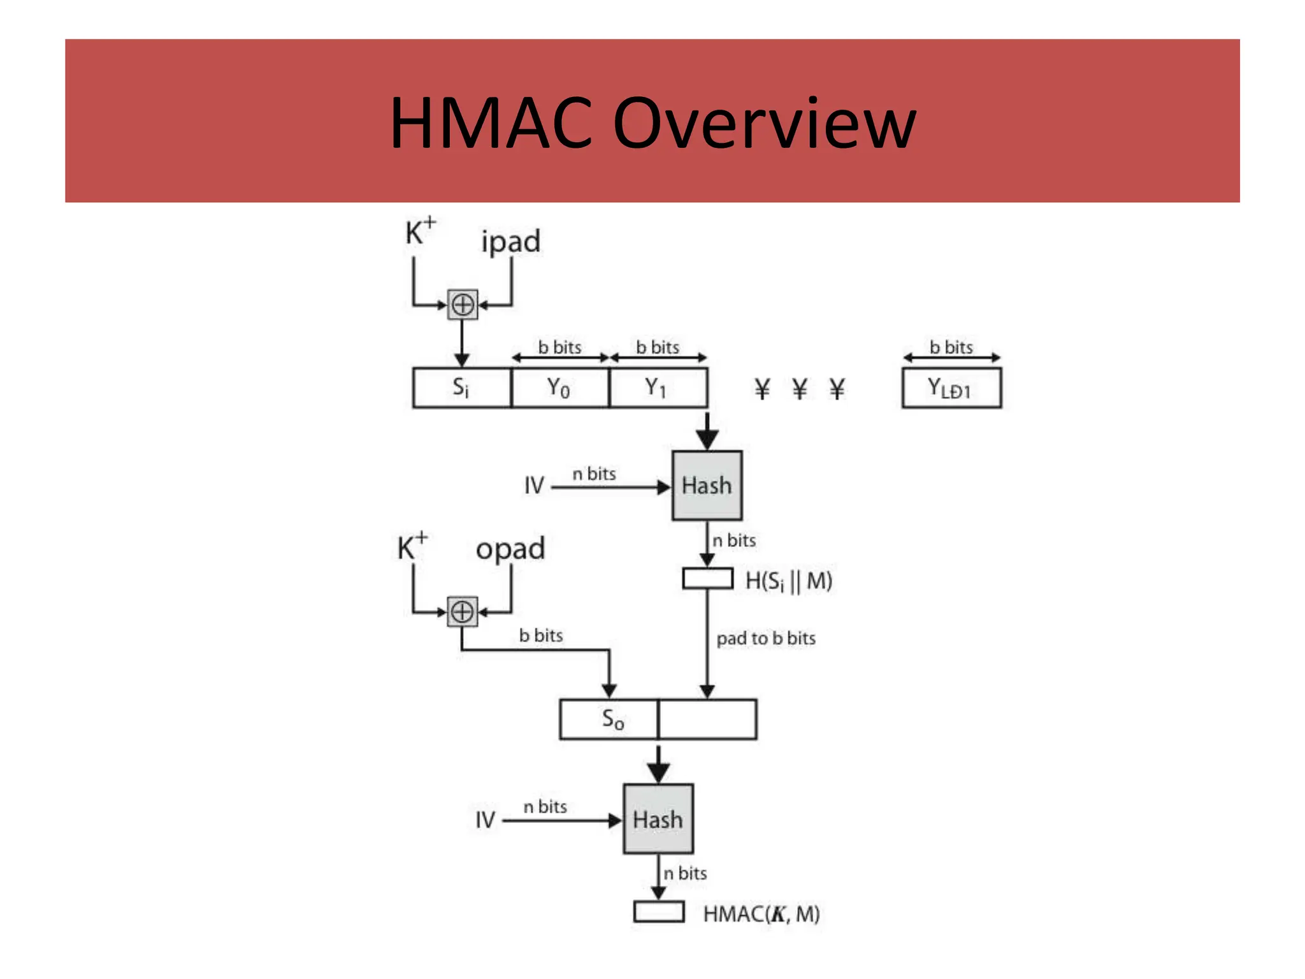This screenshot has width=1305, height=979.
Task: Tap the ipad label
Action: pos(510,242)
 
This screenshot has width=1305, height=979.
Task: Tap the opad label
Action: pos(510,549)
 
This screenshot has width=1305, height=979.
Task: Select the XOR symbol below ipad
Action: pos(462,305)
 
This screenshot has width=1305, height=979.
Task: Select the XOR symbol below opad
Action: pos(462,612)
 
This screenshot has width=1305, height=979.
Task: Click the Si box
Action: pos(461,388)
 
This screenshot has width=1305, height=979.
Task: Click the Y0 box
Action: pos(559,388)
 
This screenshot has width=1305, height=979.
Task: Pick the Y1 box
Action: pos(658,388)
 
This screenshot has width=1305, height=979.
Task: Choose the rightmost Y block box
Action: pos(951,388)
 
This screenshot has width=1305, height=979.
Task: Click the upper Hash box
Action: pos(707,486)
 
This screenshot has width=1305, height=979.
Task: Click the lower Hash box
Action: pos(658,819)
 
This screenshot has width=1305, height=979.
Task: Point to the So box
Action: pos(609,719)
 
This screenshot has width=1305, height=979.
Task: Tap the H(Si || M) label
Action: pos(788,581)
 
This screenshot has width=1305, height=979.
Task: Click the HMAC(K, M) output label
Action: pos(761,914)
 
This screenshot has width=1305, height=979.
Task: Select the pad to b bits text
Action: pos(765,638)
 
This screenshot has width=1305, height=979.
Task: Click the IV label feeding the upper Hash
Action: pos(534,486)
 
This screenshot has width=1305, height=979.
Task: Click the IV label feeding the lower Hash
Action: pos(485,820)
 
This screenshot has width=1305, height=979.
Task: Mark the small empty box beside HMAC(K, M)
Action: pos(658,912)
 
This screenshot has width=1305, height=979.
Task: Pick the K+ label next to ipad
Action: pos(419,232)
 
